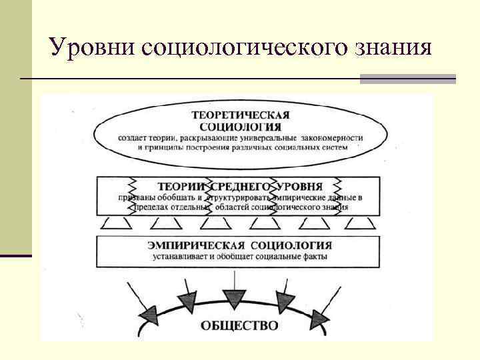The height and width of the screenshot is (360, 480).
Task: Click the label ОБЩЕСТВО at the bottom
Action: click(x=239, y=326)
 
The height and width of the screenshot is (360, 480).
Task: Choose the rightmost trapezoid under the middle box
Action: click(x=359, y=223)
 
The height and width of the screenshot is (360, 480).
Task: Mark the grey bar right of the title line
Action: click(x=407, y=79)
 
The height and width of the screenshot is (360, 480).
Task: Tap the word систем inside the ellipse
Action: click(x=335, y=147)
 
